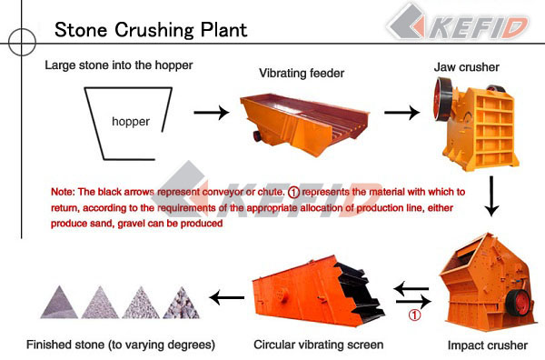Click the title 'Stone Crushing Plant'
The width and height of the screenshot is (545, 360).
151,28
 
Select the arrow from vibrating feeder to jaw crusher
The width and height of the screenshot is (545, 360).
401,114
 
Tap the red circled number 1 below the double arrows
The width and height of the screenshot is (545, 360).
414,316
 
